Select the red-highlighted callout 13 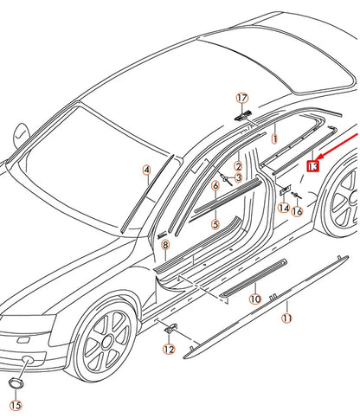[x=313, y=165]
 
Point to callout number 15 [x=16, y=404]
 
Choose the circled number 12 [x=168, y=349]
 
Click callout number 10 [x=254, y=299]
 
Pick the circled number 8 [x=164, y=247]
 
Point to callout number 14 [x=284, y=208]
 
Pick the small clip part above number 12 [x=170, y=328]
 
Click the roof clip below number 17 [x=241, y=114]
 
